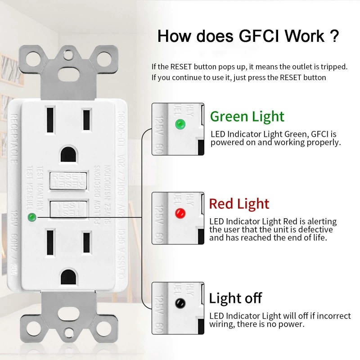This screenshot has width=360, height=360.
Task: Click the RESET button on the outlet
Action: [67, 180]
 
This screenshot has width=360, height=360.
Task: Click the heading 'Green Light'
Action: [247, 117]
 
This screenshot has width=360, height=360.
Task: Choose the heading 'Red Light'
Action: [239, 204]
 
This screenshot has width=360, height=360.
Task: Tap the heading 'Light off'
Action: [235, 298]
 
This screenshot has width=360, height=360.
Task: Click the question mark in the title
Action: [333, 36]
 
